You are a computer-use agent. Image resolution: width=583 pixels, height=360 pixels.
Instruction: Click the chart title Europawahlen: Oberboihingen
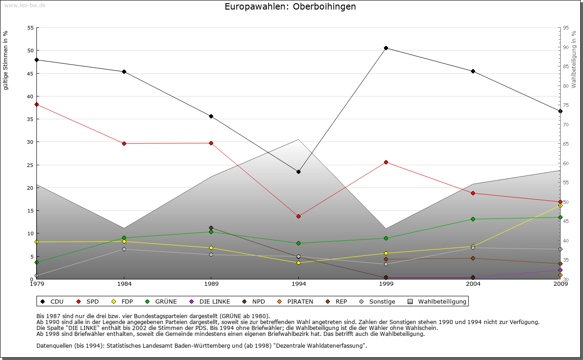pos(290,7)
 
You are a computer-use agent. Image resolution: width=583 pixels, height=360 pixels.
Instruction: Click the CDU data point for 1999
pos(386,48)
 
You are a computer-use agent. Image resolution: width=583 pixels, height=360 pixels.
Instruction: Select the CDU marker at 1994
pos(298,172)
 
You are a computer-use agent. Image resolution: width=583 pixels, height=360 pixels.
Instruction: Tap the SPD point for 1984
pos(124,143)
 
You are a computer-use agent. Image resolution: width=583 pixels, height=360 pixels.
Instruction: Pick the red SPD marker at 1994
pos(298,216)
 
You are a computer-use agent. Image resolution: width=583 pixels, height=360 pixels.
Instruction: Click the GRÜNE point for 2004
pos(473,219)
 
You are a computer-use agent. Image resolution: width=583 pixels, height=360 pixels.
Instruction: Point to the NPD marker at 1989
pos(211,228)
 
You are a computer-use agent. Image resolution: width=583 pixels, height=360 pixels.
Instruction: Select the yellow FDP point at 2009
pos(560,206)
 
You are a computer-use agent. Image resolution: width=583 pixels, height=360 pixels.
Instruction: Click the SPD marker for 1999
pos(386,162)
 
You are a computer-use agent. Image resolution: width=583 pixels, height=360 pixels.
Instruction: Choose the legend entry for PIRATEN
pos(296,301)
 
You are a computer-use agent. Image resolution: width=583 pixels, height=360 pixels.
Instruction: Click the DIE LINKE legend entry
pos(210,301)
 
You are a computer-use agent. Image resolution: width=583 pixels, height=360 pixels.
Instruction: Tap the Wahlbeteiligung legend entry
pos(437,301)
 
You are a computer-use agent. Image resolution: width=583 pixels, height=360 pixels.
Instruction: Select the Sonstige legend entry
pos(378,301)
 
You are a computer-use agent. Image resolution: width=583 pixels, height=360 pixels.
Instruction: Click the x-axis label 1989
pos(211,284)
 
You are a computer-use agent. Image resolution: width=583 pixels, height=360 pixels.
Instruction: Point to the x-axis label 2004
pos(473,284)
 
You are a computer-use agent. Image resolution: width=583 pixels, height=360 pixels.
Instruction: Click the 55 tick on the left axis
pos(31,28)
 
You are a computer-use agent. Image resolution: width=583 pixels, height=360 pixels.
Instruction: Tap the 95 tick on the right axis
pos(566,28)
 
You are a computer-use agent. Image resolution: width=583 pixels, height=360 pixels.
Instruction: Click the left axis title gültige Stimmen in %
pos(6,60)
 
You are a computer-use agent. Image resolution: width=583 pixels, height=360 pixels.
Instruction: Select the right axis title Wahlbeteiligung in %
pos(574,59)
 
